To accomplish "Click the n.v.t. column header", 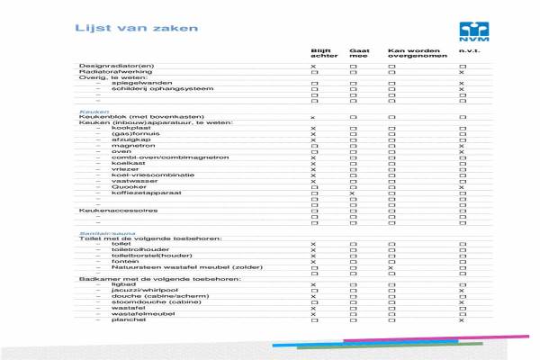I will click(x=467, y=50).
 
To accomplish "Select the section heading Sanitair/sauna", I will click(x=102, y=232).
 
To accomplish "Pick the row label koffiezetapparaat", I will click(x=141, y=193).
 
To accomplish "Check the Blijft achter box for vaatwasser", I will click(x=313, y=181).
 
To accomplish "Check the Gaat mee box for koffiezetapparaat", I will click(x=353, y=193).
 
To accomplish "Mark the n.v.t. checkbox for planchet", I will click(x=462, y=319).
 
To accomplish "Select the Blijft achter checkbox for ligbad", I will click(x=313, y=284).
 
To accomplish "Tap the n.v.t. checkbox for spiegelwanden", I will click(x=462, y=84).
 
